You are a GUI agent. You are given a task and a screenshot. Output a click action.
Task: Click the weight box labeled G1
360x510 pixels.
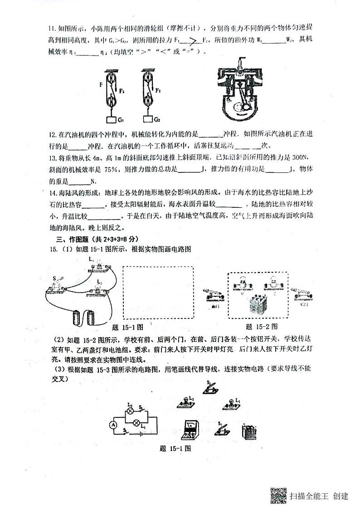[x=111, y=120]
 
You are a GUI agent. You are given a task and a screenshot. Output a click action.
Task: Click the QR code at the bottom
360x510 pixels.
[x=278, y=495]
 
